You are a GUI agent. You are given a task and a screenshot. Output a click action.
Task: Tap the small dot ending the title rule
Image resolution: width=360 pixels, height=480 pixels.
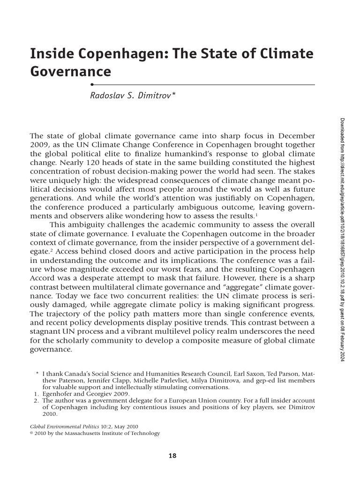click(92, 84)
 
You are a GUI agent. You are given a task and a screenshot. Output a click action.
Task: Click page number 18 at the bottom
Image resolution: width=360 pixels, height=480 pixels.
click(172, 455)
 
